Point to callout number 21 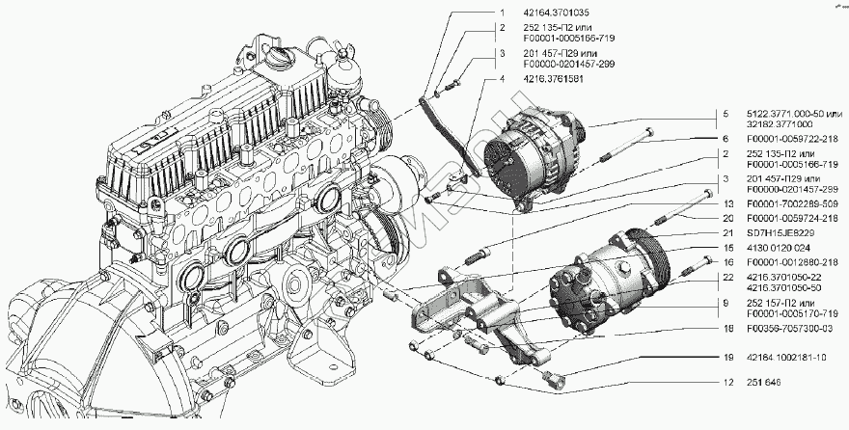click(723, 232)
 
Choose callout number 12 click(723, 383)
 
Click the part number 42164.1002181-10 click(785, 357)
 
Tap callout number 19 click(723, 357)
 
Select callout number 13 click(723, 204)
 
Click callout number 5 click(723, 114)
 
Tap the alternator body click(535, 154)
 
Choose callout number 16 click(723, 261)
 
